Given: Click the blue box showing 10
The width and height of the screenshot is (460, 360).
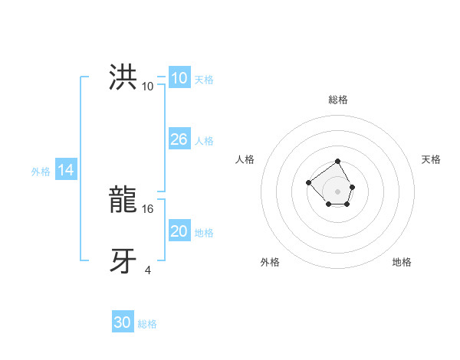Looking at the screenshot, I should point(179,78).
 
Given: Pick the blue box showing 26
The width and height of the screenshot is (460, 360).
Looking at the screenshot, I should point(179,139).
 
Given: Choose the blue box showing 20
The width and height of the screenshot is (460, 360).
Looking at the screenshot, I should point(179,231).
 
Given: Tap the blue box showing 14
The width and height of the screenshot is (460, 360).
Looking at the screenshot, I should point(66,171).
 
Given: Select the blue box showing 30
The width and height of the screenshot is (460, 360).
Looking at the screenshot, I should point(123,322).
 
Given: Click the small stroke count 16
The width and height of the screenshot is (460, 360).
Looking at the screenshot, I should point(149,208).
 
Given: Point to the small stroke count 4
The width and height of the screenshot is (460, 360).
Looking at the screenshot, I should point(148,270).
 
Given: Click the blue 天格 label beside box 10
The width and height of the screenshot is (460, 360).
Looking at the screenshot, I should point(204,80).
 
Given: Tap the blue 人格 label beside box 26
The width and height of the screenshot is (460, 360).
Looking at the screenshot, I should point(204,141).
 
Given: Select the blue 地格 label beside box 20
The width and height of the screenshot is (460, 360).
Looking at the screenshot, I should point(204,233).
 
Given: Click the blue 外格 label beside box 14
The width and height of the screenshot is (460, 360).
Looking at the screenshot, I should point(41,172).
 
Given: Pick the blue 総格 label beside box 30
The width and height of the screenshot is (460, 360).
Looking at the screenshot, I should point(147,324).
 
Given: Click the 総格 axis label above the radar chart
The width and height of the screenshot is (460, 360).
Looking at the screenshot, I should point(338,100).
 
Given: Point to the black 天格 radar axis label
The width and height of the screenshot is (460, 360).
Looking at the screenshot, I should point(431,159).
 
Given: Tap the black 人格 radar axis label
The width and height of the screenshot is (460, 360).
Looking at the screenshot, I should point(245,159).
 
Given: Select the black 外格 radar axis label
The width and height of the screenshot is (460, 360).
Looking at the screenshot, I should point(270,262).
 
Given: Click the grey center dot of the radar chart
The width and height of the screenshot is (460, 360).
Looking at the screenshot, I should point(338,191).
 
